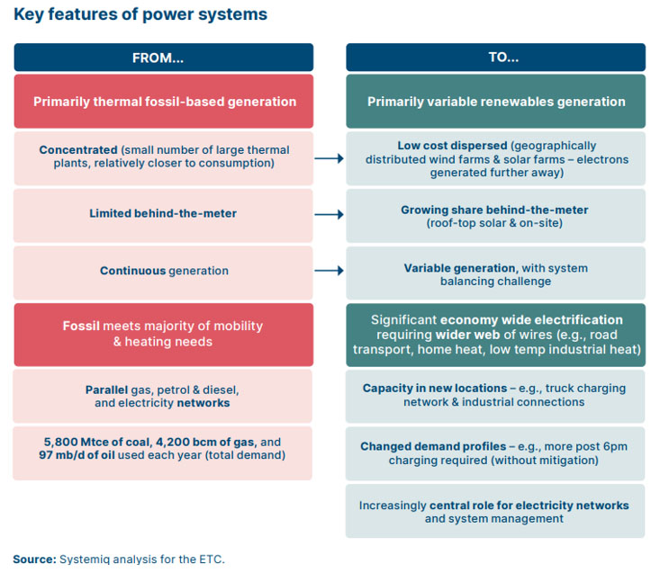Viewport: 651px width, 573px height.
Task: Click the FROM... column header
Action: click(x=164, y=58)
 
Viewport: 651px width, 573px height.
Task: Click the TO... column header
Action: click(x=495, y=58)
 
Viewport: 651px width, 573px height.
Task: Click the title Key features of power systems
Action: click(x=140, y=14)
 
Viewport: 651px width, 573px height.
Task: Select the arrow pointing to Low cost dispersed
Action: click(x=329, y=158)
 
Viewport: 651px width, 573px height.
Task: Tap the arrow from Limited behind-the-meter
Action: click(x=329, y=215)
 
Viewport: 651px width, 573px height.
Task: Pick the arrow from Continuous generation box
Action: click(x=329, y=271)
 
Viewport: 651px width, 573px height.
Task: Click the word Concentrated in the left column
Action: click(x=78, y=150)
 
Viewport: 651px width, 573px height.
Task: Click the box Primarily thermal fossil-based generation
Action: click(x=164, y=102)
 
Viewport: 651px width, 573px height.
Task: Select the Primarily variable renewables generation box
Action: click(x=495, y=102)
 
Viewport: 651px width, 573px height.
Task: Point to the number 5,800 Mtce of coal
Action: click(x=87, y=442)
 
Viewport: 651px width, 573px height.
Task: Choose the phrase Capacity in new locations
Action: click(x=434, y=388)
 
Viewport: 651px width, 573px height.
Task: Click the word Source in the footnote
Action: click(x=33, y=559)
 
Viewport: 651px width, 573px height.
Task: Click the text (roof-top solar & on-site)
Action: click(x=494, y=223)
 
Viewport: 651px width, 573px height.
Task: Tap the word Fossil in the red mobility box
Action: click(x=82, y=327)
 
